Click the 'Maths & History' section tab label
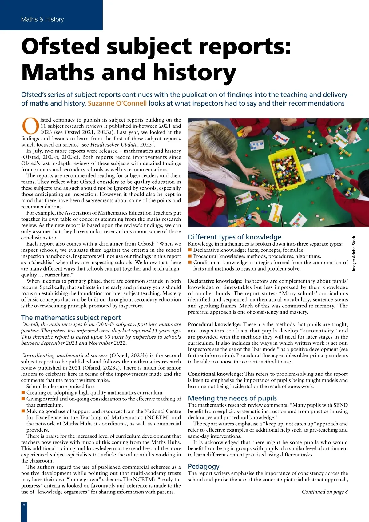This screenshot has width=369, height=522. [x=42, y=19]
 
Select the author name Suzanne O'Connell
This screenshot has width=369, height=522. [x=117, y=103]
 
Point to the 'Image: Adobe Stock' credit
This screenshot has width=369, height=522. [x=354, y=253]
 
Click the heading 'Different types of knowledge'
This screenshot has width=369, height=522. [x=234, y=237]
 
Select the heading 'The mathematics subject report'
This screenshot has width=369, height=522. [x=71, y=318]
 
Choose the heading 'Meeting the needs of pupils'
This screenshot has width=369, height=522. [x=232, y=398]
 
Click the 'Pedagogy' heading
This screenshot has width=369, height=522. [x=204, y=467]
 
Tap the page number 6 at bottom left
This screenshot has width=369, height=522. [x=24, y=505]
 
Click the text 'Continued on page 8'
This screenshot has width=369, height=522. [x=325, y=492]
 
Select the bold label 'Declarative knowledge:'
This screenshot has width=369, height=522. [x=215, y=281]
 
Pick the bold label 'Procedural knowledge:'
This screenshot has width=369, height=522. [x=214, y=324]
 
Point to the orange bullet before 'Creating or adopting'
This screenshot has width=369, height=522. [x=23, y=393]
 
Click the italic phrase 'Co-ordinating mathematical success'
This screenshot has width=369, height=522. [x=64, y=355]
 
